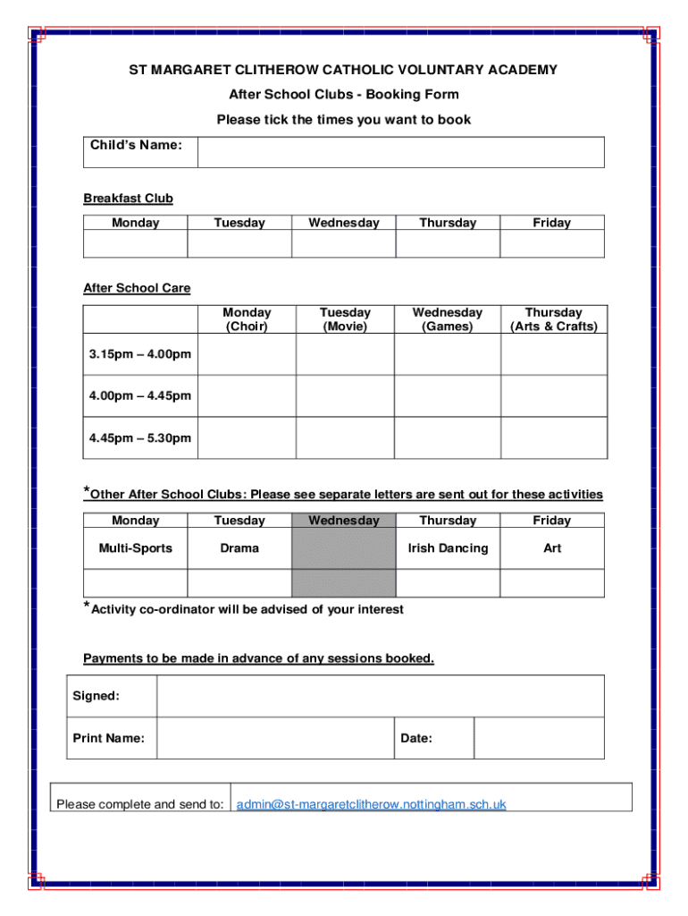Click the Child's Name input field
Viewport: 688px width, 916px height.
tap(400, 152)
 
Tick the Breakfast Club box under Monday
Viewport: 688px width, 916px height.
tap(136, 244)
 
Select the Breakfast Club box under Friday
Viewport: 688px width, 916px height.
tap(551, 244)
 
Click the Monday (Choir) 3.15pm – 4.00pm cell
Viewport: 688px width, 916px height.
tap(247, 354)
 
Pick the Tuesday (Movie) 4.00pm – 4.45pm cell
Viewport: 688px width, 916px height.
tap(345, 396)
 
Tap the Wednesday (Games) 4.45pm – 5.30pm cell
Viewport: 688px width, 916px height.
tap(447, 438)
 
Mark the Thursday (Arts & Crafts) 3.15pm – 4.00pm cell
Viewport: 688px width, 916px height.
tap(554, 354)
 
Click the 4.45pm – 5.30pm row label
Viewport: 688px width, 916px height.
tap(140, 438)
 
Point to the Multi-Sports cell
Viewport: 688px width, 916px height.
tap(136, 548)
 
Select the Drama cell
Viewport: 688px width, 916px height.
tap(239, 548)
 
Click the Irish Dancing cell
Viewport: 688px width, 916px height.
tap(448, 548)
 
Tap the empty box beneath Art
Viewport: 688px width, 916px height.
tap(551, 583)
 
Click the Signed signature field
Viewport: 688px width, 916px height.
tap(380, 696)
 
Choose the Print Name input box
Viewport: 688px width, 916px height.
tap(275, 738)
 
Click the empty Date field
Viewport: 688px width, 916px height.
tap(539, 738)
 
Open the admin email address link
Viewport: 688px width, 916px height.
tap(371, 804)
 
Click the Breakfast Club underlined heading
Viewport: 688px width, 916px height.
tap(128, 199)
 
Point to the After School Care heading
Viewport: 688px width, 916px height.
tap(137, 288)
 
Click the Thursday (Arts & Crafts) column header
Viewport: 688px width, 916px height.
tap(554, 319)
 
